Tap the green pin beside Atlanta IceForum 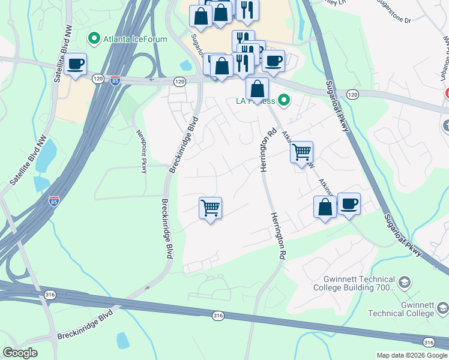coord(94,40)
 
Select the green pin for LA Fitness coord(285,100)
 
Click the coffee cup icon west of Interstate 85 coord(76,64)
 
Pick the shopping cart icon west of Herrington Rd coord(210,208)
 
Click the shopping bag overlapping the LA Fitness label coord(257,89)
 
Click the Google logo coord(19,353)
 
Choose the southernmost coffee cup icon coord(349,204)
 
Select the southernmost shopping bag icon coord(325,207)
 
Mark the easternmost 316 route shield coord(428,342)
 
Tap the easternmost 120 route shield coord(352,94)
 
